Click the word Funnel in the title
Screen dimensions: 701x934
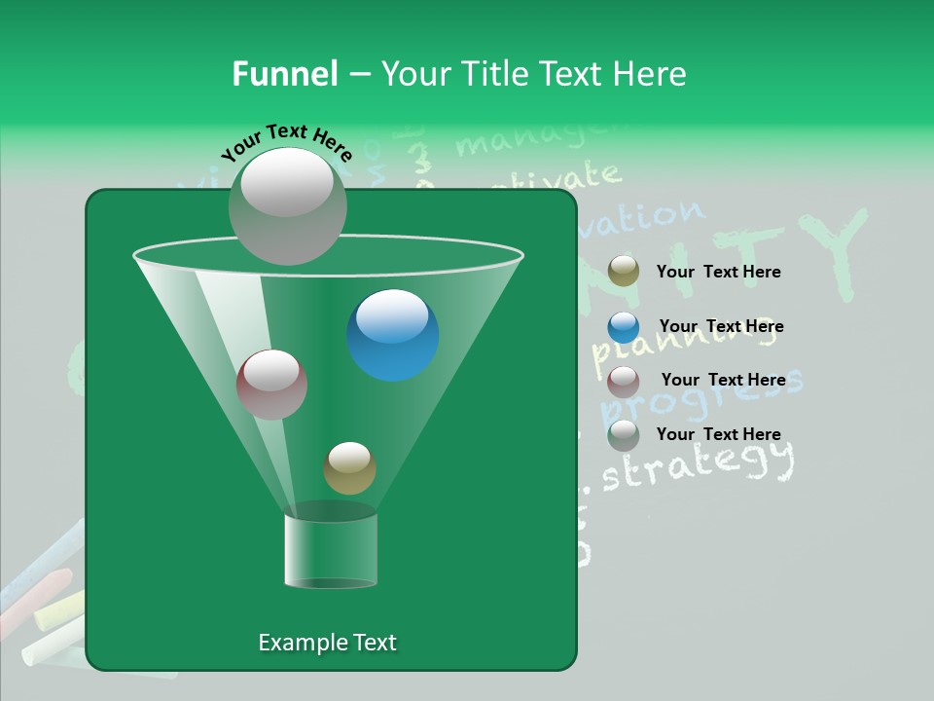click(x=284, y=74)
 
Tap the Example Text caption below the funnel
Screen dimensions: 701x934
click(x=327, y=643)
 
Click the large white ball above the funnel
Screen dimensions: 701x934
click(x=287, y=205)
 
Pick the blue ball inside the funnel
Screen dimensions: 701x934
click(x=392, y=335)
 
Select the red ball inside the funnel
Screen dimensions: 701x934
click(x=271, y=385)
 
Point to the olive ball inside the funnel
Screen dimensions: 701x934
click(x=349, y=468)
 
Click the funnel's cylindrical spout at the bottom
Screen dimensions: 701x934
click(x=331, y=550)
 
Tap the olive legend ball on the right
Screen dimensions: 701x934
click(x=624, y=272)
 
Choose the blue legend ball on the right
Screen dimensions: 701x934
click(x=624, y=327)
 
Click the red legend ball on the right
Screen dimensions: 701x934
click(x=624, y=381)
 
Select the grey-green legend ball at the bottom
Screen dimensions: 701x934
click(x=624, y=435)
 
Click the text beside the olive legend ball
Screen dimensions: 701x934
click(x=718, y=273)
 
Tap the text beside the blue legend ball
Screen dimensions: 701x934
click(x=721, y=327)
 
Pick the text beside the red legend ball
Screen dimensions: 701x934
click(x=723, y=381)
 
